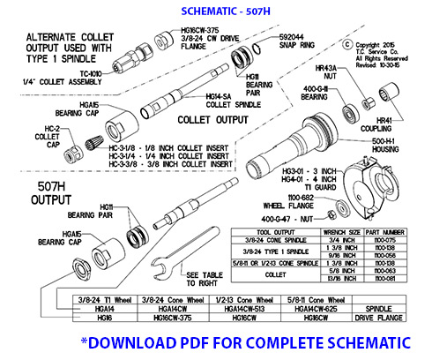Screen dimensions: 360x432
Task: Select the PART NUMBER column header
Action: [385, 232]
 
